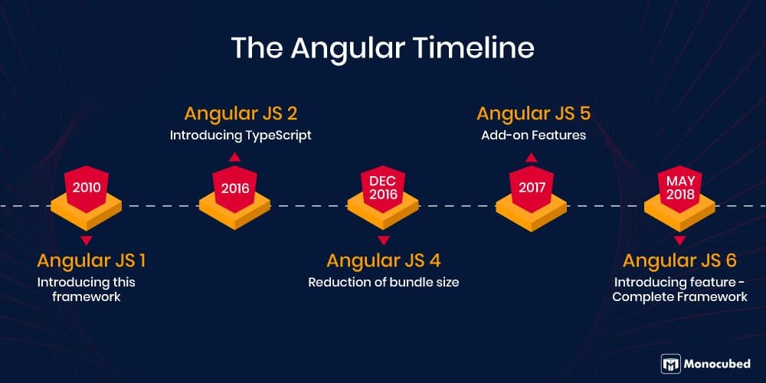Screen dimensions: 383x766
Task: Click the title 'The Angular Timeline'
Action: (382, 47)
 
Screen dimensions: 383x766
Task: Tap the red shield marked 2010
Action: (86, 188)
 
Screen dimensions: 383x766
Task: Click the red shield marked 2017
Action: (531, 188)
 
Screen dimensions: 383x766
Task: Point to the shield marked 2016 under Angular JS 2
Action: (234, 188)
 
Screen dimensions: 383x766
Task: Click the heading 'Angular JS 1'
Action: (91, 260)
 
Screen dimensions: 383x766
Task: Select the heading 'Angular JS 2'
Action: (241, 114)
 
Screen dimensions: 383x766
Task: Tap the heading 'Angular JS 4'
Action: (383, 260)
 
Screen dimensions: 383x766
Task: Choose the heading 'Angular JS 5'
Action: (533, 114)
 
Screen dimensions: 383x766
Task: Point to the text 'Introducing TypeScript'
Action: (241, 136)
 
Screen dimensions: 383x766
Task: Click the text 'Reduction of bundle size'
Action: (383, 282)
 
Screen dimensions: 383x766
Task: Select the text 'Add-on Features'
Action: (533, 136)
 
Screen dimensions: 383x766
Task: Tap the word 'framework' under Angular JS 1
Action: (87, 296)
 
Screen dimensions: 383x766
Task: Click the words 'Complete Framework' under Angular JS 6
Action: (679, 296)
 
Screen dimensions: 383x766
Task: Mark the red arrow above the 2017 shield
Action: (532, 157)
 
